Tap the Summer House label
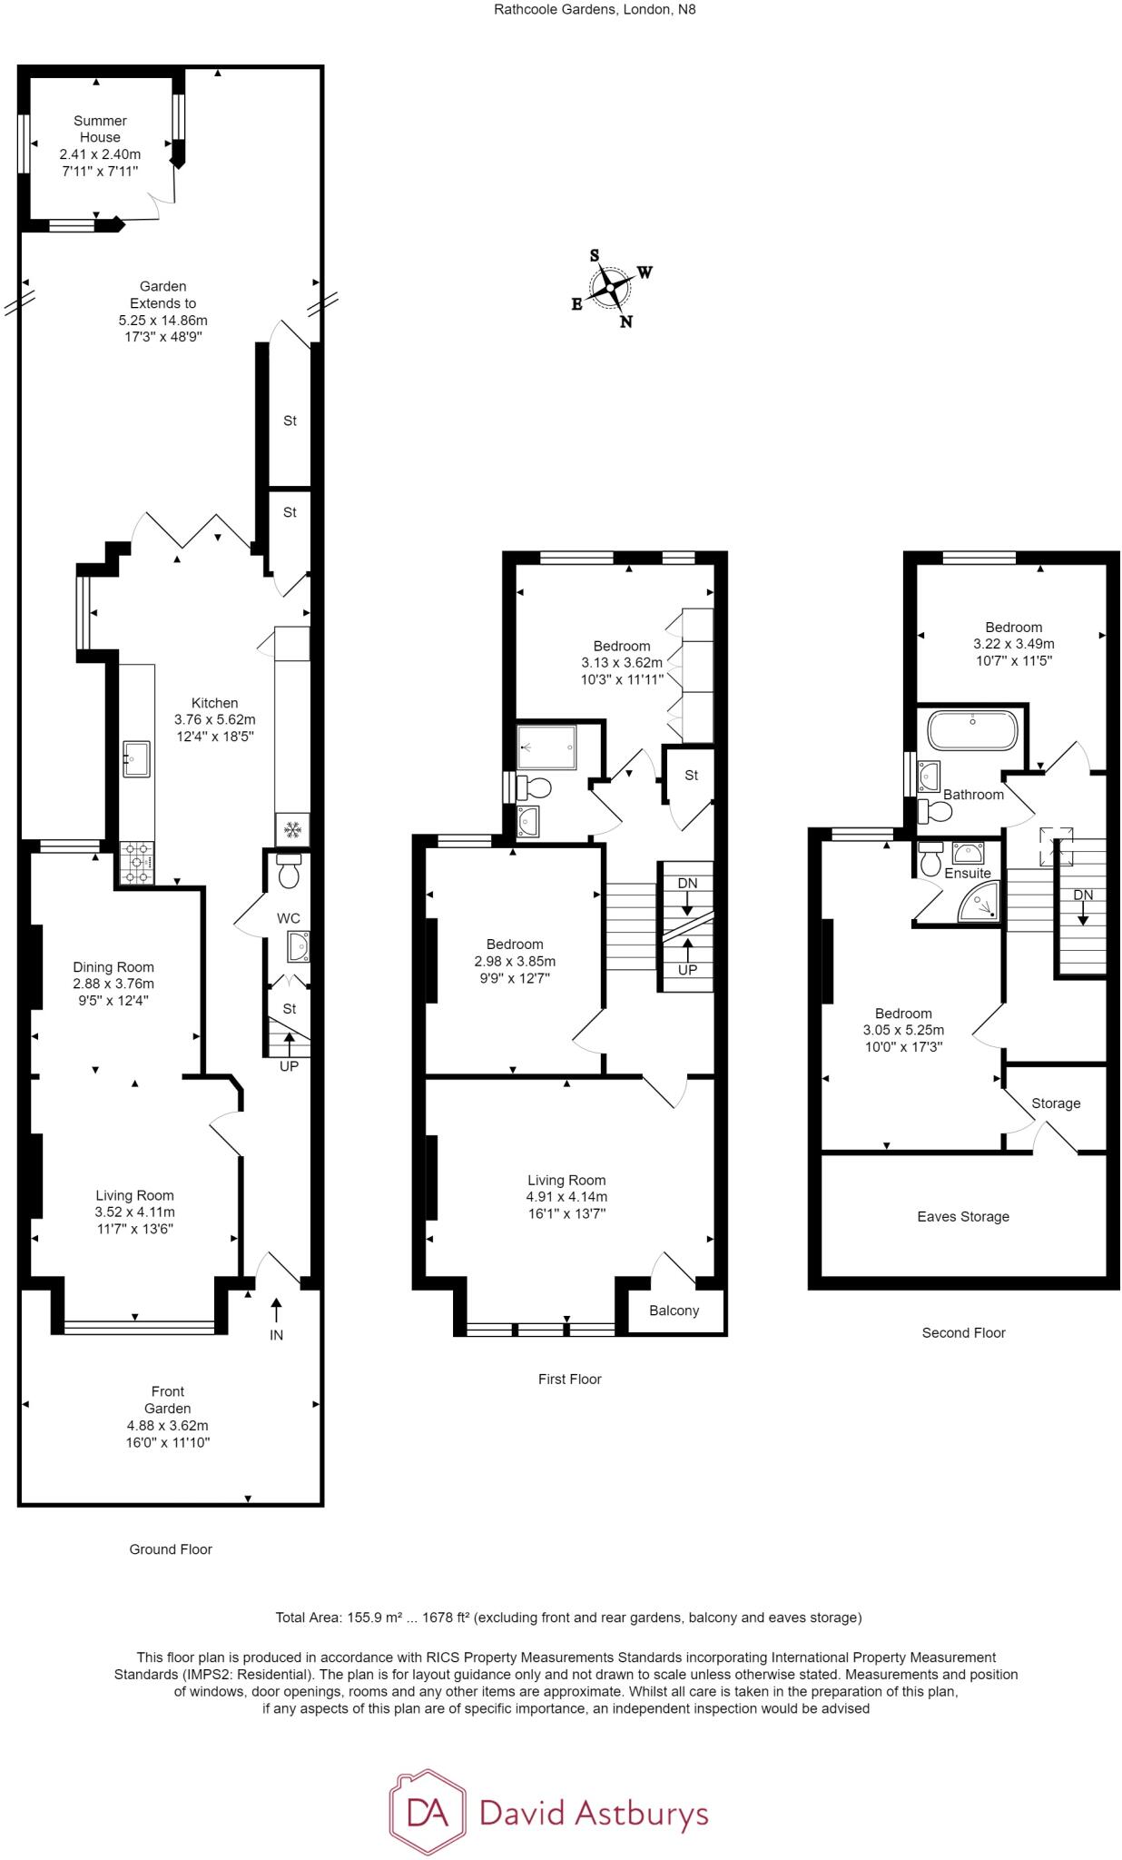pos(100,129)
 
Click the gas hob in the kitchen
pos(136,863)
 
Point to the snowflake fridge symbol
pos(292,829)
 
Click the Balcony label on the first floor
pos(674,1311)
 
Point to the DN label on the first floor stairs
pos(687,883)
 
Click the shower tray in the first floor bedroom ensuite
pos(546,747)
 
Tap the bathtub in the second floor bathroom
pos(971,730)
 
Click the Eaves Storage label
pos(963,1217)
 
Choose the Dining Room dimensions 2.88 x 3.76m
pos(113,984)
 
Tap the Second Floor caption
pos(963,1333)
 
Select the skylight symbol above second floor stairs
pos(1056,843)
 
